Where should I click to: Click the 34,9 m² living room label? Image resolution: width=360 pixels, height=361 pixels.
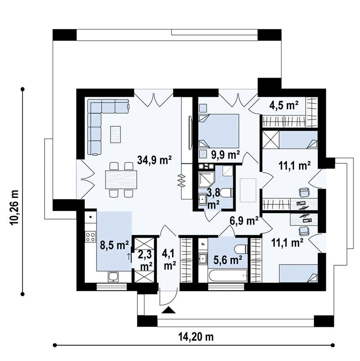154,160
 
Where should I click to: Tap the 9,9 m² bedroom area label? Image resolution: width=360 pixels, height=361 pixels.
226,155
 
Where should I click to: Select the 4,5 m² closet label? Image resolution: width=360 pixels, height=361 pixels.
284,105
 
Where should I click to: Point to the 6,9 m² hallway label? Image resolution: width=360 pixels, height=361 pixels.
244,221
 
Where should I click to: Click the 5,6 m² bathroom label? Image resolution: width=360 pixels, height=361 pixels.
228,260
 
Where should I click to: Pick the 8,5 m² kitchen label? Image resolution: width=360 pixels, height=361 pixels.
114,246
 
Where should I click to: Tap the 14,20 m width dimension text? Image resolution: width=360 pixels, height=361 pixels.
196,337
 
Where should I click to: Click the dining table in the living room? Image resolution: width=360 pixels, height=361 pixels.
121,179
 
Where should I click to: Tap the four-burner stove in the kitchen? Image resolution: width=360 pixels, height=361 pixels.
91,237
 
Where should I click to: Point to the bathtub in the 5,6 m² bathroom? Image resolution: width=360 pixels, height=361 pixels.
227,276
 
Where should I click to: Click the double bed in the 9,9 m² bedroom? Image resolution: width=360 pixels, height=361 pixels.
219,131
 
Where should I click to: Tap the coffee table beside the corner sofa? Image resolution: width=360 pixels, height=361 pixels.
115,134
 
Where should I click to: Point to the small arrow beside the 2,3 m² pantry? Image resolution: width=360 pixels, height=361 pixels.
129,256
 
